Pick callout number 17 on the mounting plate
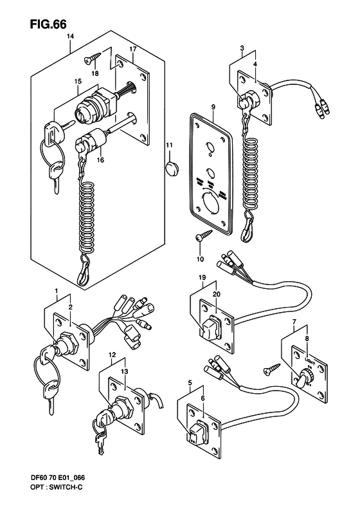point(132,49)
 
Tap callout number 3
point(241,49)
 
